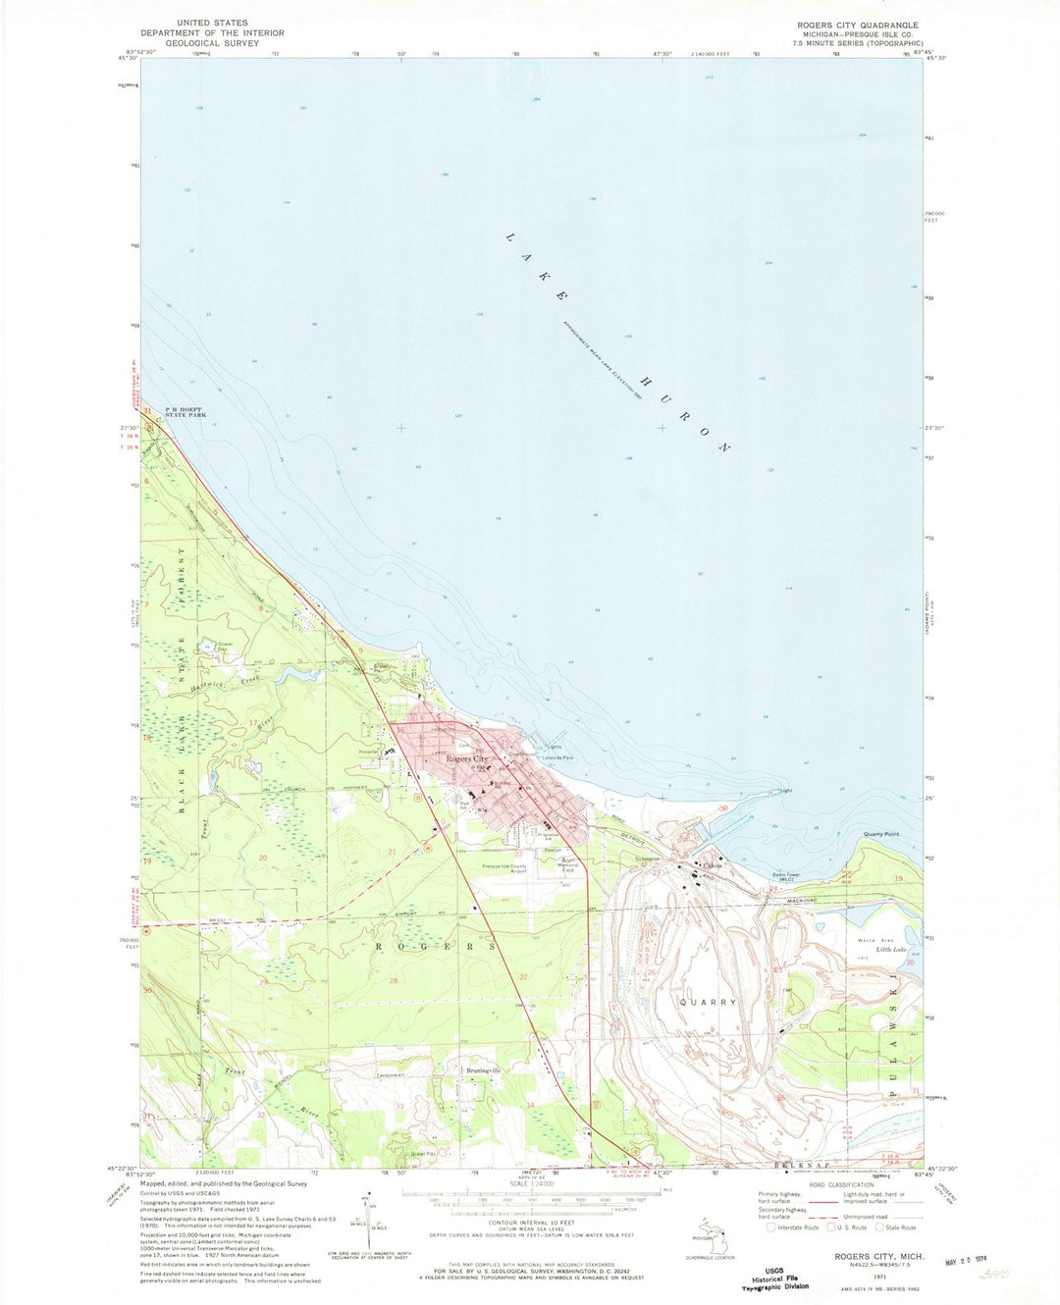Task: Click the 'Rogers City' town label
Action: pos(467,759)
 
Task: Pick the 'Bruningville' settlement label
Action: pos(483,1070)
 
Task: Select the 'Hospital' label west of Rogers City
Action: pos(369,751)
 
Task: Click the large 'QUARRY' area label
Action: pos(708,1002)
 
